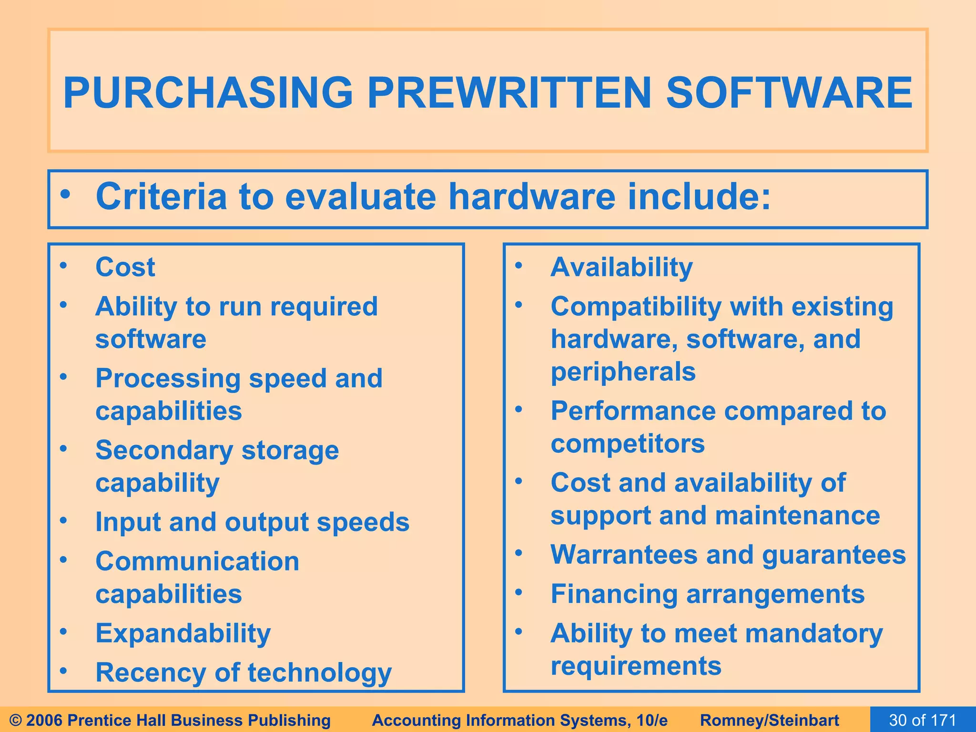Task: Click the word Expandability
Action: click(183, 633)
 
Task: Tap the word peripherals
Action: click(623, 372)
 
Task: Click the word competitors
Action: click(627, 444)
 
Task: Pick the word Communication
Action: click(197, 561)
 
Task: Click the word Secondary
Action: click(164, 450)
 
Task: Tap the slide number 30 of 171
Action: click(923, 720)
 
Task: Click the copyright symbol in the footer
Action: click(15, 720)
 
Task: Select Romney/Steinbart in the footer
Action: click(770, 720)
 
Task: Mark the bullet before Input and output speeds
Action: click(64, 521)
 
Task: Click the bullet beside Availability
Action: click(519, 265)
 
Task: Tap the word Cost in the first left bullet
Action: click(125, 267)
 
